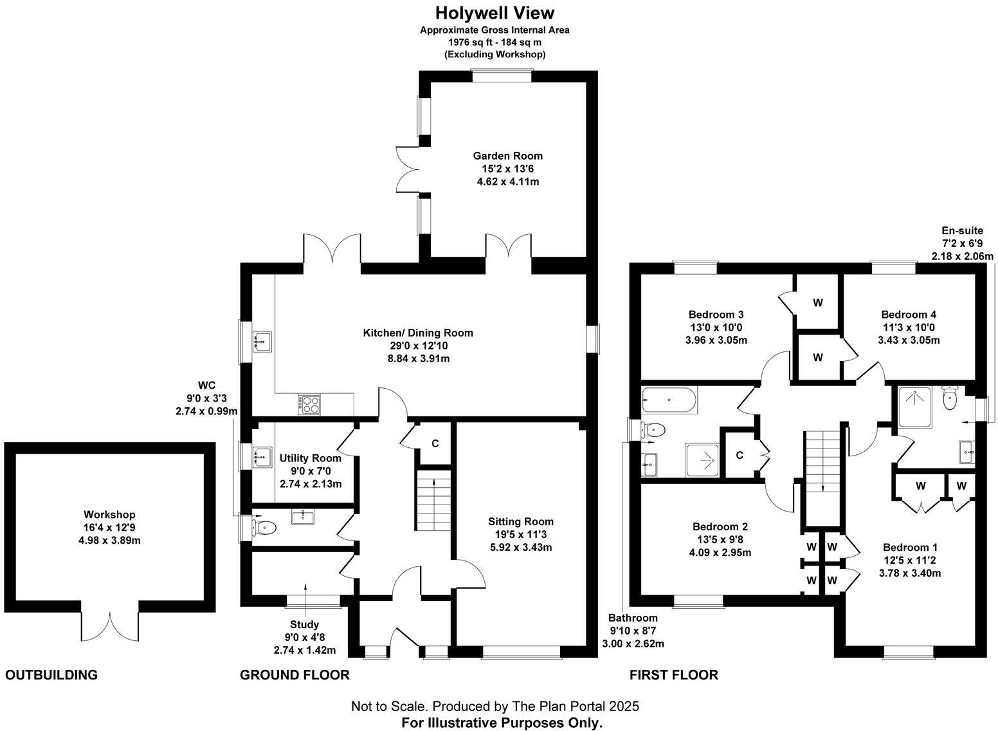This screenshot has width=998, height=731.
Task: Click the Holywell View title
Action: click(x=494, y=13)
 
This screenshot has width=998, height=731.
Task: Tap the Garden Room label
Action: click(x=507, y=156)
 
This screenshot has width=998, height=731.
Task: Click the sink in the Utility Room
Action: click(x=262, y=457)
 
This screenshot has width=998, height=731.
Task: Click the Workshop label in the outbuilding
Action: click(x=109, y=515)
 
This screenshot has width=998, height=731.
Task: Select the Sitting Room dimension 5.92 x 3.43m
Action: click(x=520, y=548)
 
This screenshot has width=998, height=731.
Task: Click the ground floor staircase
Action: click(x=434, y=501)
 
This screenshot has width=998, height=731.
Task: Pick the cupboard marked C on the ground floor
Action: click(x=435, y=443)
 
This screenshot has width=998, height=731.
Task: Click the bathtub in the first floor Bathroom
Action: click(x=669, y=400)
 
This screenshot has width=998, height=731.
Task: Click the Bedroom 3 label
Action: click(x=716, y=315)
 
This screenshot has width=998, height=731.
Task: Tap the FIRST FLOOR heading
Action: click(x=673, y=675)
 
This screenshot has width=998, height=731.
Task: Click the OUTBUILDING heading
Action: click(x=51, y=675)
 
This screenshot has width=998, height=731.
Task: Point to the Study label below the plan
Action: click(x=304, y=624)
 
